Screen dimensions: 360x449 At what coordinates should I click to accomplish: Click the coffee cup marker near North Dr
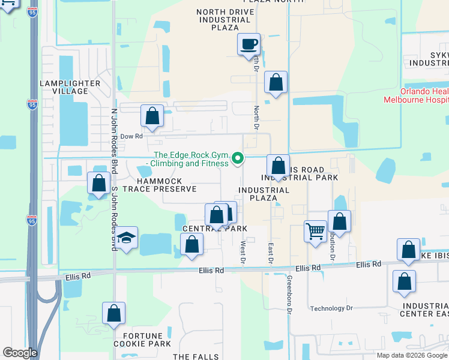click(x=249, y=44)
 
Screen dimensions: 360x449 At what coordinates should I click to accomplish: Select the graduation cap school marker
click(x=126, y=238)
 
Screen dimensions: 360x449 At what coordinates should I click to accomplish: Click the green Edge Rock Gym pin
click(x=238, y=158)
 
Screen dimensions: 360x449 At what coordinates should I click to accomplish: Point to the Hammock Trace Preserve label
click(x=158, y=184)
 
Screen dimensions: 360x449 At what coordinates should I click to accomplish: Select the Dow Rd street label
click(x=131, y=136)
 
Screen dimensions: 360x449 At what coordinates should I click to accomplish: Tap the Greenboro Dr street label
click(x=289, y=295)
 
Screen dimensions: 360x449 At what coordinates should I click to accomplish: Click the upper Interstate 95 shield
click(x=32, y=105)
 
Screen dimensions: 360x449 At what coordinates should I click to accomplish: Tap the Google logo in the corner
click(x=19, y=353)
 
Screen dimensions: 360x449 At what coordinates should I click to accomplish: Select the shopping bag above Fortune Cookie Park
click(x=113, y=314)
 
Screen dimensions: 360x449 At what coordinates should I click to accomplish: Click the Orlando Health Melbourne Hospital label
click(x=416, y=96)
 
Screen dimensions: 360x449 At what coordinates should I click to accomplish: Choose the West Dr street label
click(x=243, y=252)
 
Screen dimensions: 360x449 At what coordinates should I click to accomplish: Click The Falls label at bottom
click(x=197, y=356)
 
